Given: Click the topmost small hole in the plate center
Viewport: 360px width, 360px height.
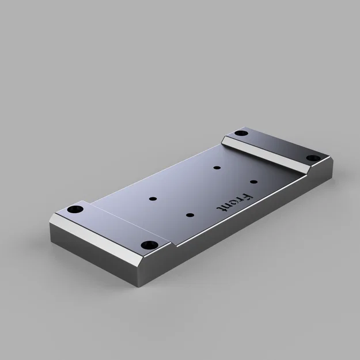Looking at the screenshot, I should [x=217, y=168].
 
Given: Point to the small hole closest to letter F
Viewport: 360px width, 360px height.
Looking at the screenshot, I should [x=253, y=181].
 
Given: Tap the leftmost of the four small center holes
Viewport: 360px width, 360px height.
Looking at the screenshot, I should [x=153, y=199].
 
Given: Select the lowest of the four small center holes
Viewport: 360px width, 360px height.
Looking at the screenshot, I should [x=190, y=215].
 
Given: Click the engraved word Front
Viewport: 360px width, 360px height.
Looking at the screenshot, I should [x=233, y=202].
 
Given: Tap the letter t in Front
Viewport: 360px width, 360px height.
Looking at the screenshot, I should [x=221, y=207].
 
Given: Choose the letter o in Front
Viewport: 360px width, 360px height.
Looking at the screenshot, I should [x=233, y=202].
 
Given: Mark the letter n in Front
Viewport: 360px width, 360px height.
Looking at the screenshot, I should [x=227, y=204].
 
